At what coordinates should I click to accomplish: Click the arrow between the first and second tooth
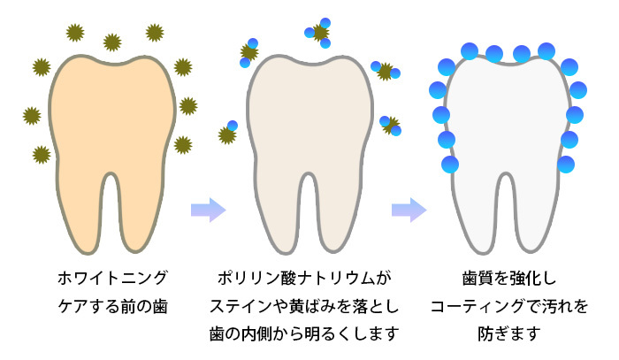(x=209, y=211)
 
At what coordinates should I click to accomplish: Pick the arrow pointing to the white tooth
(x=409, y=211)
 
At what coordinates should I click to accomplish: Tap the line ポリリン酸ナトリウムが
(x=303, y=279)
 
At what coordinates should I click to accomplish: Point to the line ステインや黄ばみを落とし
(x=303, y=307)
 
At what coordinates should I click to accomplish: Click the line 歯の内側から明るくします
(x=303, y=335)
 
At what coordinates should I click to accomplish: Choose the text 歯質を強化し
(x=508, y=279)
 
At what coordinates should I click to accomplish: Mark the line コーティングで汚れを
(x=508, y=307)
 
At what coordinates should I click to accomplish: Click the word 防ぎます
(x=508, y=335)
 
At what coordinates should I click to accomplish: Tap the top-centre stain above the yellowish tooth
(x=112, y=42)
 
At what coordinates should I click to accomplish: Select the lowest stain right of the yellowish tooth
(x=182, y=144)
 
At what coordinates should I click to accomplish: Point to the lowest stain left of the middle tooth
(x=228, y=133)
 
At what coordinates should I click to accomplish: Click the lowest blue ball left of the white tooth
(x=450, y=164)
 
